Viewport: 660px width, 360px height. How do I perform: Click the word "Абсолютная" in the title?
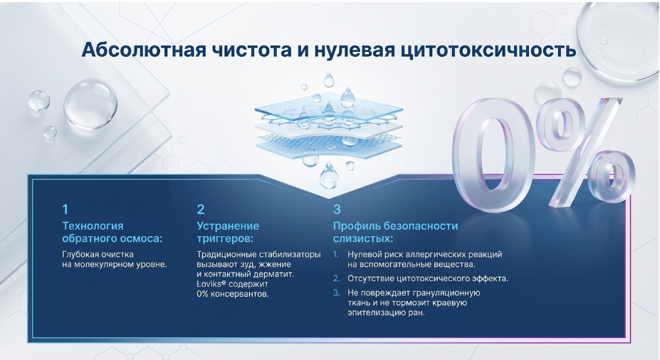[x=144, y=50]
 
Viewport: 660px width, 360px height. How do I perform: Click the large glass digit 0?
[x=493, y=155]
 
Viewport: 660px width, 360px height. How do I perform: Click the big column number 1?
[x=66, y=209]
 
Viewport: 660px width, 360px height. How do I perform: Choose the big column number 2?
[x=201, y=209]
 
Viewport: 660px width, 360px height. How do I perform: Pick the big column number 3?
[x=337, y=209]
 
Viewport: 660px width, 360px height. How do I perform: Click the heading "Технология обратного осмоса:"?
[x=112, y=232]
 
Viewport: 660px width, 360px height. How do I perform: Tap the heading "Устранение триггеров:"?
[x=228, y=232]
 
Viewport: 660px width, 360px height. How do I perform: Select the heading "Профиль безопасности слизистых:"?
[x=395, y=232]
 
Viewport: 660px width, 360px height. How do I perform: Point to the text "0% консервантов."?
[x=232, y=294]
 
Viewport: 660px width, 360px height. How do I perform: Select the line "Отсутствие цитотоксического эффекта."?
[x=428, y=278]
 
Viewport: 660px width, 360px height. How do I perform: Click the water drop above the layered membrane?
[x=329, y=80]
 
